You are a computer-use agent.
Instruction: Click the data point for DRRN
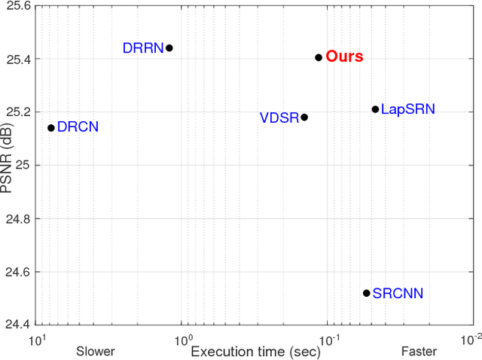[x=169, y=47]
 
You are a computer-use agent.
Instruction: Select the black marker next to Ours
[x=319, y=57]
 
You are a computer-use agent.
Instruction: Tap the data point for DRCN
[x=51, y=127]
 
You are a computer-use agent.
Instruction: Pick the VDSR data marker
[x=304, y=117]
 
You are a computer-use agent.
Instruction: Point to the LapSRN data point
[x=375, y=109]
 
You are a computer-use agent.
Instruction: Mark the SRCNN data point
[x=367, y=293]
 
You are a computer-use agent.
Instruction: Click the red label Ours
[x=344, y=57]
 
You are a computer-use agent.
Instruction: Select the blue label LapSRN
[x=407, y=109]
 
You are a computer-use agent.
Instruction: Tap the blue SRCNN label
[x=397, y=293]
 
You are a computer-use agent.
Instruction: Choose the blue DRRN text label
[x=143, y=48]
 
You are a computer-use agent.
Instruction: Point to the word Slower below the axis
[x=95, y=351]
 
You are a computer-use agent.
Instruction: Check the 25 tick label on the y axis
[x=23, y=165]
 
